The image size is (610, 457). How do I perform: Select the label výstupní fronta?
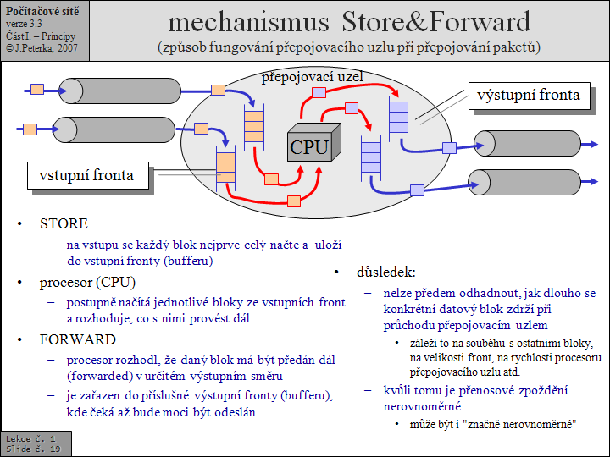pos(528,95)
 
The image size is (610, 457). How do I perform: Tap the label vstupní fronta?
pos(86,175)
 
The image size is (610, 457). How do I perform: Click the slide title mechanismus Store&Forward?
pos(349,20)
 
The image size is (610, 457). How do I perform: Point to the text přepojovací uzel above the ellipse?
pos(312,76)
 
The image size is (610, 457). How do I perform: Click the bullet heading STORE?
pos(64,224)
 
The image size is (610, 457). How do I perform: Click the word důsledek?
pos(385,273)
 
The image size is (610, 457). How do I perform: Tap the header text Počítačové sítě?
pos(42,10)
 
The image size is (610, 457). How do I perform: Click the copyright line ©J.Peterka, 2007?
pos(42,48)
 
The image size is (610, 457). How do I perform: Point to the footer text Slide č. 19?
pos(32,449)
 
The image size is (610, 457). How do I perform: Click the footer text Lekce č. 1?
pos(30,438)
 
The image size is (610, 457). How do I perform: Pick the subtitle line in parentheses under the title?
pos(349,47)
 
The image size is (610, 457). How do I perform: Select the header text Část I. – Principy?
pos(40,36)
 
